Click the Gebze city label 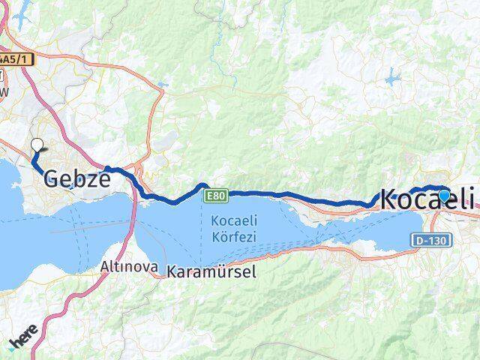tap(78, 178)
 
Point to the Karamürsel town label tap(211, 271)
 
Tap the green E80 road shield tap(216, 195)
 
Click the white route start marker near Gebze tap(37, 146)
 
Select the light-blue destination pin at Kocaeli tap(444, 196)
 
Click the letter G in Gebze tap(53, 178)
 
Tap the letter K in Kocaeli tap(390, 199)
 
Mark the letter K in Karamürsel tap(172, 271)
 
